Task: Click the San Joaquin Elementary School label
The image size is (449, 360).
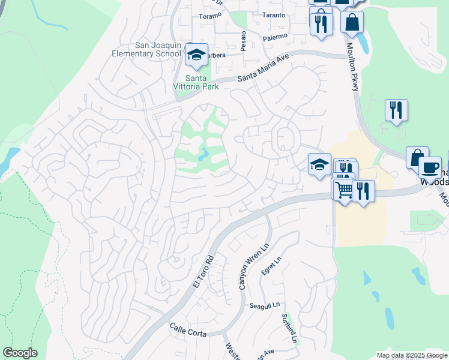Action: pos(141,49)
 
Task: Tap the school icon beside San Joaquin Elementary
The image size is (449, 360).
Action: pos(196,55)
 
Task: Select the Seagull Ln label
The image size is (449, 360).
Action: pos(265,305)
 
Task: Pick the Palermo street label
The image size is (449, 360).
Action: pos(276,37)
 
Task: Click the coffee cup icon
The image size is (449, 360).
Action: pos(430,167)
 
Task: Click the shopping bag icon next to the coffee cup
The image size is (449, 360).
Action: pos(417,158)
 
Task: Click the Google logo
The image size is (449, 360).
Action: pos(20,353)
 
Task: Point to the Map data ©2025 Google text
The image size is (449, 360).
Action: pos(412,355)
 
